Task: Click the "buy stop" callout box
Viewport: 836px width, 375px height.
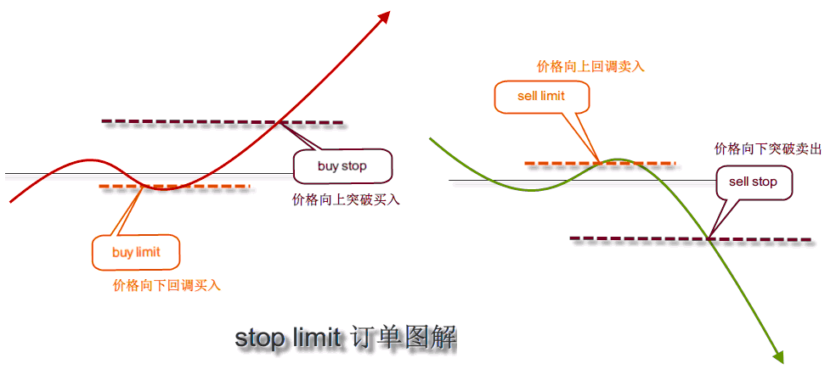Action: pyautogui.click(x=342, y=166)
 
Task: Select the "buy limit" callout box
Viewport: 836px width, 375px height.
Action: pyautogui.click(x=136, y=252)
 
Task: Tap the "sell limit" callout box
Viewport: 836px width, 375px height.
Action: pyautogui.click(x=540, y=96)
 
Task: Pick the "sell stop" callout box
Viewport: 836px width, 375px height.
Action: pyautogui.click(x=753, y=182)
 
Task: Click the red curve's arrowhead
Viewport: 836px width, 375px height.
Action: pyautogui.click(x=383, y=17)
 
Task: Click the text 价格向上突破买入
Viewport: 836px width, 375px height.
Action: pyautogui.click(x=346, y=200)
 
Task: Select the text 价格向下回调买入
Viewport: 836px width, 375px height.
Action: pyautogui.click(x=167, y=286)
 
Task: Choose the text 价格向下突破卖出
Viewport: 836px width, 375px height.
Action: pyautogui.click(x=768, y=148)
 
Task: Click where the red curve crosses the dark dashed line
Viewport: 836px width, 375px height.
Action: pyautogui.click(x=280, y=122)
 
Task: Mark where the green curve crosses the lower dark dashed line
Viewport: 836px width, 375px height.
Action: pyautogui.click(x=709, y=238)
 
